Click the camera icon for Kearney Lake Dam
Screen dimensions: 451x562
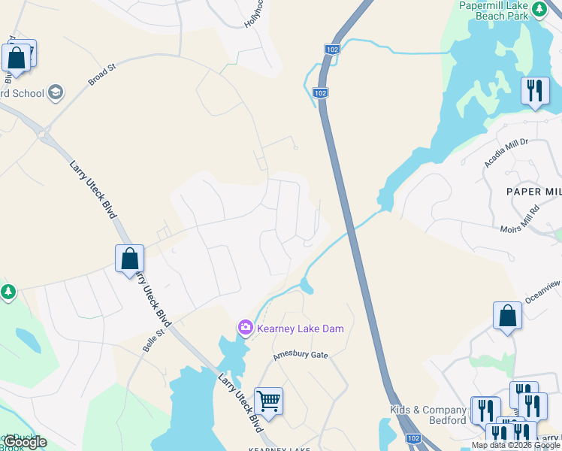click(245, 328)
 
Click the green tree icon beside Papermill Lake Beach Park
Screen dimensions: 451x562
click(539, 8)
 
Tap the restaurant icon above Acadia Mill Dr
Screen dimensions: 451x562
click(534, 91)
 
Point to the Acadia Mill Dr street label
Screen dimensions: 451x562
click(507, 151)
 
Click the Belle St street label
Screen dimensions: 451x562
click(154, 341)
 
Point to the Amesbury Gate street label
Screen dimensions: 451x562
click(301, 354)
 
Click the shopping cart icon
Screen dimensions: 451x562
click(268, 400)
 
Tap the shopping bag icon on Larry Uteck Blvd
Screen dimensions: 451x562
click(129, 258)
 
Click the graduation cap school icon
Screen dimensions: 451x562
click(55, 93)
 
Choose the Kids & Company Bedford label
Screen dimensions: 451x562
click(428, 415)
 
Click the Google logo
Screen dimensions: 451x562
click(25, 442)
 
